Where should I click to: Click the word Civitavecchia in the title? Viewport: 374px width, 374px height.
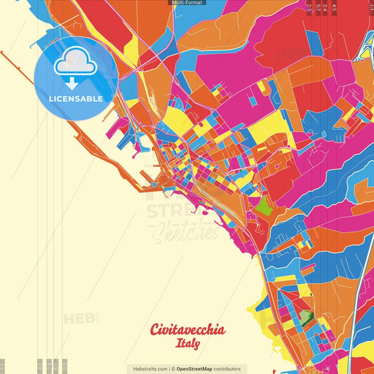187,330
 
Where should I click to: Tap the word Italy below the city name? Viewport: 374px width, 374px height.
187,345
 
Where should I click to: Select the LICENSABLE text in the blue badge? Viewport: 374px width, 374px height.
75,99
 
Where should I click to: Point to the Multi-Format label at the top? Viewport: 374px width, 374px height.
187,3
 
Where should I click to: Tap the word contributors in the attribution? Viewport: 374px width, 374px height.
227,368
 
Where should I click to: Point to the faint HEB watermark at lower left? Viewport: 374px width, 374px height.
81,319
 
